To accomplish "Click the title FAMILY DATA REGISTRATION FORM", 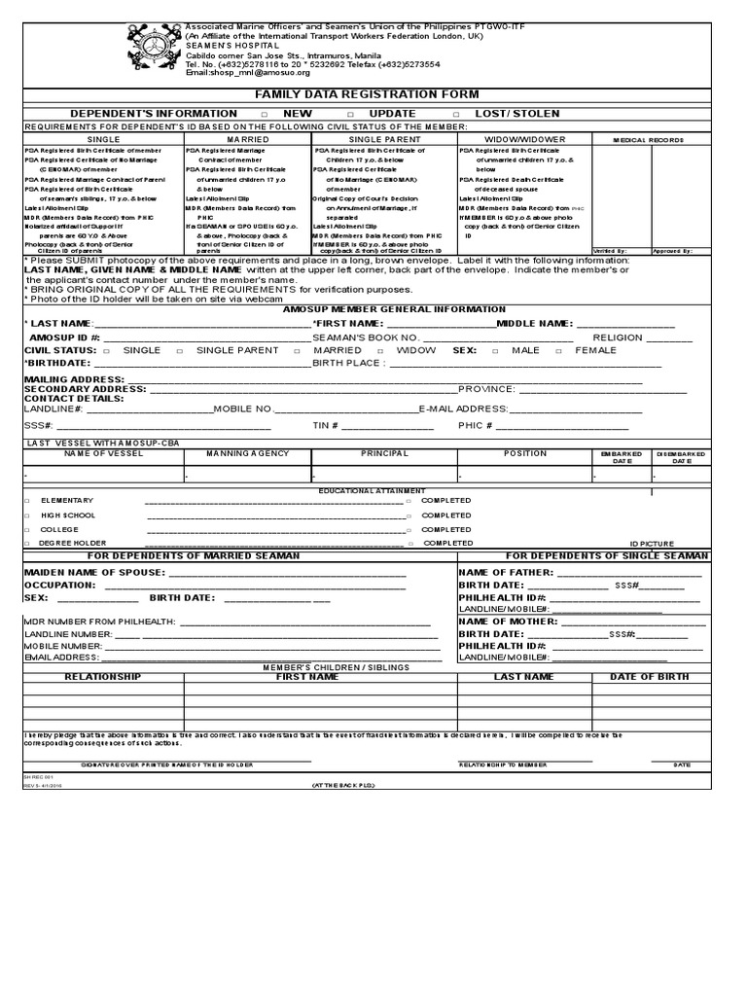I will [367, 94].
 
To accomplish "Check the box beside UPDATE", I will [350, 115].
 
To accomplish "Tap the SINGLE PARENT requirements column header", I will [384, 140].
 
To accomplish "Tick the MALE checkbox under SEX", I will [495, 350].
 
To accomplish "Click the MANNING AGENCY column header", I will [247, 453].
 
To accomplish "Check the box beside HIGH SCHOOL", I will [27, 516].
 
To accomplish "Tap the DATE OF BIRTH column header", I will [649, 677].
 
